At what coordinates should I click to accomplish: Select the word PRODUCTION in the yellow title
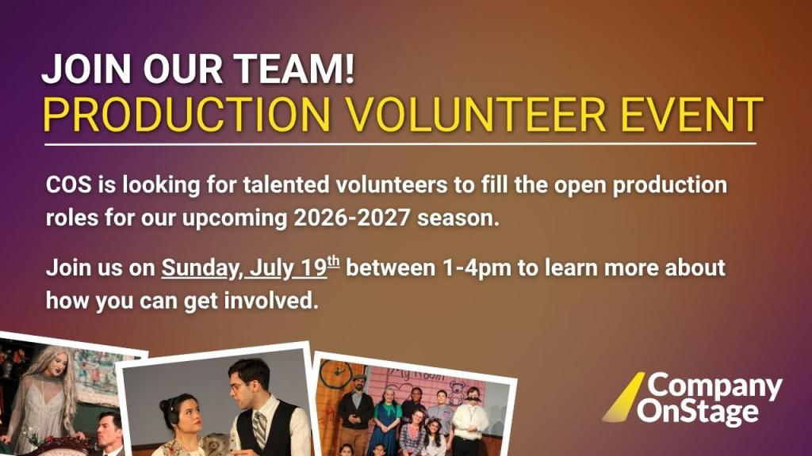tap(186, 114)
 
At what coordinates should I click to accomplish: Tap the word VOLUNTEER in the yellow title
tap(476, 114)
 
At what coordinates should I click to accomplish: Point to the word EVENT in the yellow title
tap(691, 114)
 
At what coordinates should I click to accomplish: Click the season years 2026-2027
tap(352, 218)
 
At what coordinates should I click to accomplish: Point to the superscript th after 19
tap(333, 261)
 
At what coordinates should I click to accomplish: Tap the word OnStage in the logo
tap(698, 412)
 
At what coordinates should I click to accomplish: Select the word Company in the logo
tap(714, 386)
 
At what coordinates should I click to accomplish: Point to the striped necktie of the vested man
tap(259, 428)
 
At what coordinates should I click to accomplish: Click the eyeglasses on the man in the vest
tap(239, 386)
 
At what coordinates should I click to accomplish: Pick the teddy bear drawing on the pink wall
tap(456, 392)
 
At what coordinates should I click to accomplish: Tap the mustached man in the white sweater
tap(470, 419)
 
